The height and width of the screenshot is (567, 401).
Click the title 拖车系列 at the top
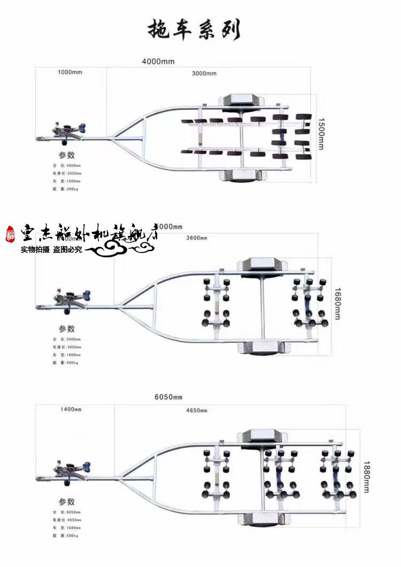(194, 30)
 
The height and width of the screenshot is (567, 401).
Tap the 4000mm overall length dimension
(158, 61)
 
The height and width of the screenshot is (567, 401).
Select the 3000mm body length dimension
(204, 73)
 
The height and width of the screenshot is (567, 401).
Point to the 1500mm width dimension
(321, 134)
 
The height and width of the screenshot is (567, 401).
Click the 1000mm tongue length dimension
(70, 72)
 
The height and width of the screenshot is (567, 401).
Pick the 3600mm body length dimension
(196, 238)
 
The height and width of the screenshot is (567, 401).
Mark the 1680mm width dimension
(337, 304)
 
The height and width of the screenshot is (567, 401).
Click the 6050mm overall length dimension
(168, 397)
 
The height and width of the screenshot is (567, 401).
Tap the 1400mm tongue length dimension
(70, 409)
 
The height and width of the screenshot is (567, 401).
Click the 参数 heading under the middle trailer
(67, 329)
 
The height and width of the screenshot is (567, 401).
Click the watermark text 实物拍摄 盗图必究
(51, 249)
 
